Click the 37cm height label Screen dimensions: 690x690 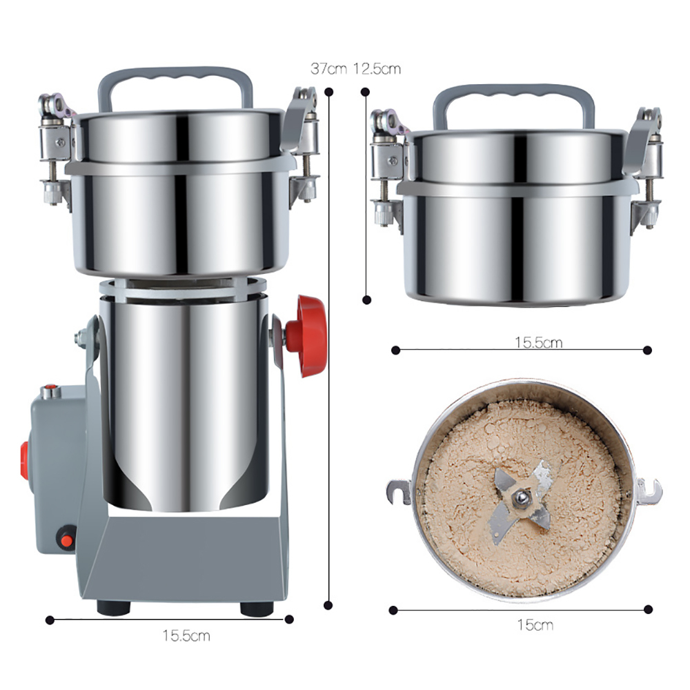click(x=328, y=69)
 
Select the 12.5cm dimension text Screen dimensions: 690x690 click(x=377, y=69)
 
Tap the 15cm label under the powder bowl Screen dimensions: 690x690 click(x=535, y=625)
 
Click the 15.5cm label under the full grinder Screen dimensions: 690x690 click(x=186, y=636)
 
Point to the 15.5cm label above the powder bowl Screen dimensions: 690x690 click(x=539, y=342)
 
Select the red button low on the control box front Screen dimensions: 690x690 click(x=66, y=538)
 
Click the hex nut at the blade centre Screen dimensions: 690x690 click(x=522, y=498)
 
